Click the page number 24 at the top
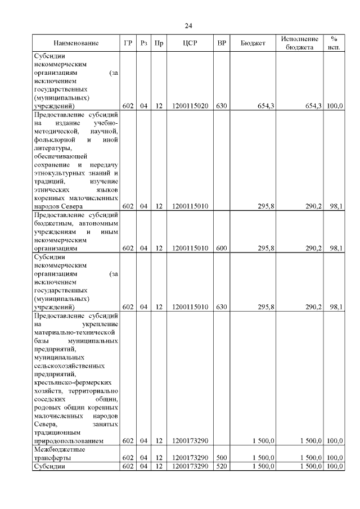click(x=188, y=25)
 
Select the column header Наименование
click(x=76, y=43)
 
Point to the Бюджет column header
click(x=253, y=43)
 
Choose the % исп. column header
click(x=334, y=43)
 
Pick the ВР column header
click(x=222, y=43)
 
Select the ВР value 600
click(x=222, y=247)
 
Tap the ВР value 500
click(x=222, y=458)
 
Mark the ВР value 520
click(x=222, y=467)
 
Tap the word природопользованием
click(x=69, y=442)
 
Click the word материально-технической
click(x=70, y=332)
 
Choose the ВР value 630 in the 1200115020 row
click(x=222, y=106)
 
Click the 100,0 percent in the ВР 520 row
click(x=335, y=467)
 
